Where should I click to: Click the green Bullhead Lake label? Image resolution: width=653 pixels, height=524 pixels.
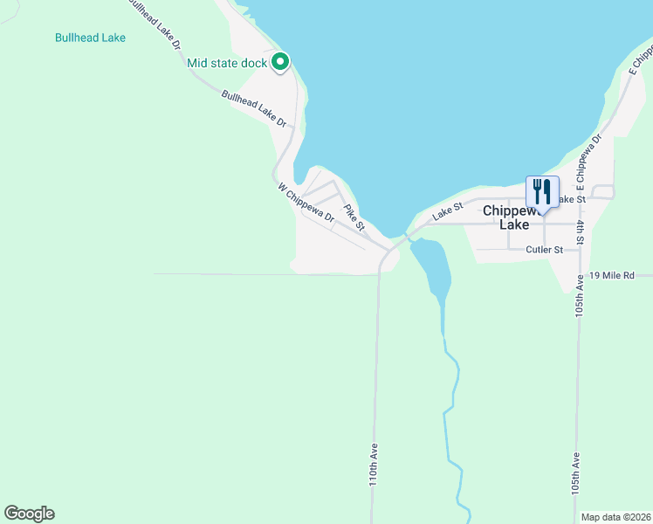90,38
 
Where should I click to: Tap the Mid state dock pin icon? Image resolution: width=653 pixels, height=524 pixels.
280,62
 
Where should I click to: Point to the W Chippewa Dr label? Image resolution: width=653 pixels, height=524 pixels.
306,203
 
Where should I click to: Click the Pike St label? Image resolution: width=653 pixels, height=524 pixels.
354,217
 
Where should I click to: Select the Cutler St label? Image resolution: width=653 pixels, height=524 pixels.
545,250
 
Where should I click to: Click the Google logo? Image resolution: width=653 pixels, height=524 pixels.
29,514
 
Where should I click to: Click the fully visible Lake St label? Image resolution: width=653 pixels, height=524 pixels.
446,210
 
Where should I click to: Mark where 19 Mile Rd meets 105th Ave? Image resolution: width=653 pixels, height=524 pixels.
577,274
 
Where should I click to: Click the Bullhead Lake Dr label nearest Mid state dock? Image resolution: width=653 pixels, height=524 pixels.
254,109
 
